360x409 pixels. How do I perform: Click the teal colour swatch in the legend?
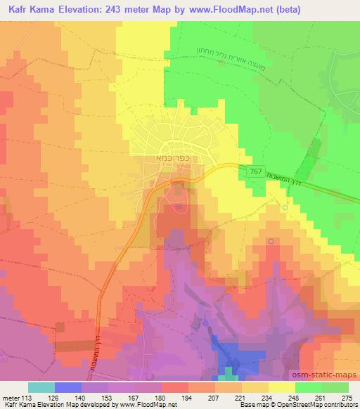(x=41, y=387)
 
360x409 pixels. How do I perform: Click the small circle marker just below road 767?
(x=285, y=208)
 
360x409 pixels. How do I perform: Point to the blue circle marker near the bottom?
(x=205, y=323)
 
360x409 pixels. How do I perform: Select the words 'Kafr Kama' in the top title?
(x=27, y=9)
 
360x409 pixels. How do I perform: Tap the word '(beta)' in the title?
(x=340, y=9)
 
